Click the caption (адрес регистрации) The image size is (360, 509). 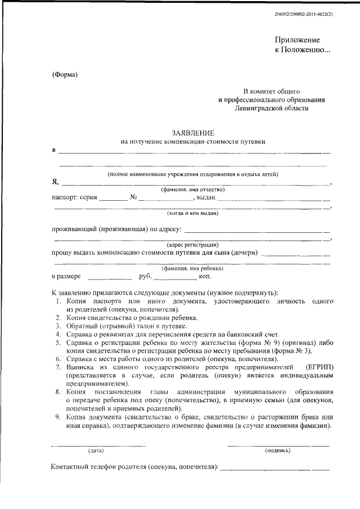click(x=192, y=245)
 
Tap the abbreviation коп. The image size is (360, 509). click(x=204, y=277)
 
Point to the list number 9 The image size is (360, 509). click(x=58, y=417)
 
